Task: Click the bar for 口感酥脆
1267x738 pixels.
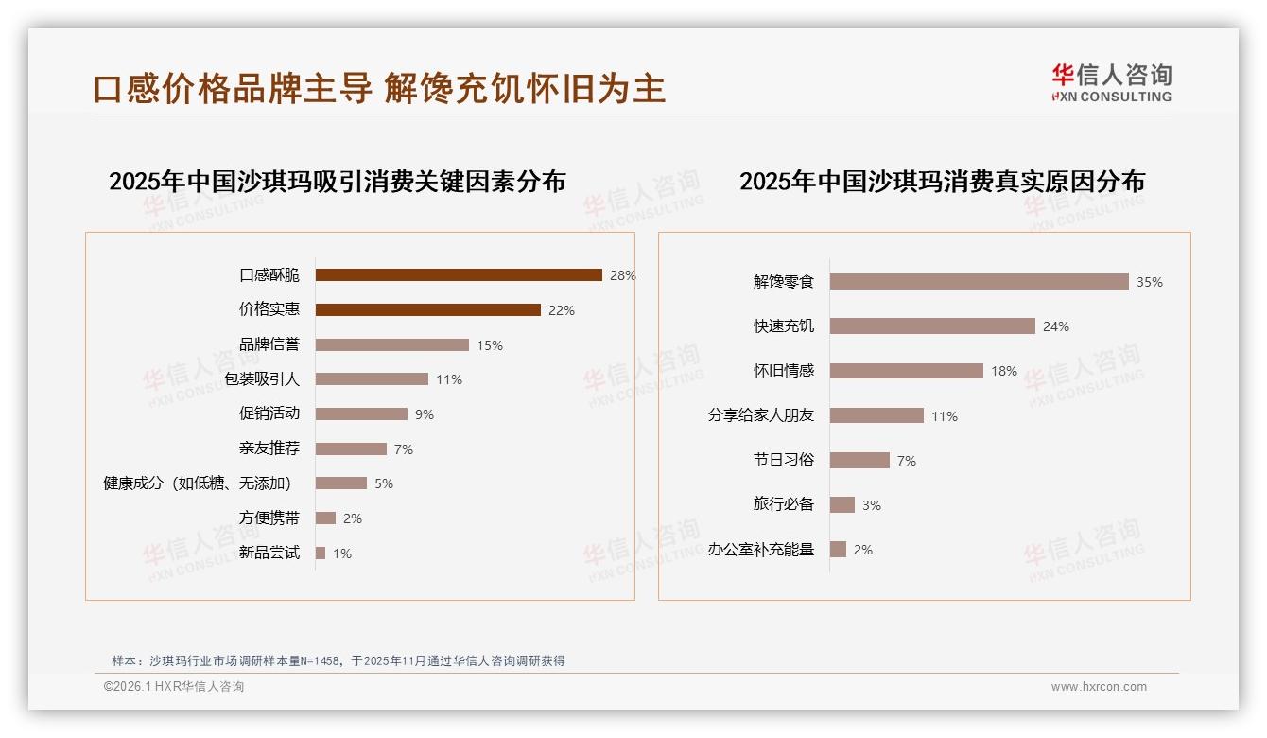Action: (459, 275)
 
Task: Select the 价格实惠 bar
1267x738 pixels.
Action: (427, 310)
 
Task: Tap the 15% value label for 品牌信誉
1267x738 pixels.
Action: (490, 345)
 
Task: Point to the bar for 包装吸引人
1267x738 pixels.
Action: (372, 379)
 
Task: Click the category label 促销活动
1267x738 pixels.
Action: (269, 413)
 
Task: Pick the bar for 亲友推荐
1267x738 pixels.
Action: (351, 448)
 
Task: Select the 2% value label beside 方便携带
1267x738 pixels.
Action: (353, 518)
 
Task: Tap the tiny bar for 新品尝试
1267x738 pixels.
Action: (321, 553)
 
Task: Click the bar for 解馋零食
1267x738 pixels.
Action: (980, 282)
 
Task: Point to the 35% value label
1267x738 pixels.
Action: (1150, 282)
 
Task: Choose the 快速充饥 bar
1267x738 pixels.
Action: (932, 326)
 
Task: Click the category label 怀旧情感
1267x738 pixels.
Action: (784, 371)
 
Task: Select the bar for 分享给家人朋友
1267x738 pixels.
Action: (876, 415)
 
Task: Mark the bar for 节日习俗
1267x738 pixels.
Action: (859, 460)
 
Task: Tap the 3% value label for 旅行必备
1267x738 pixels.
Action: (872, 505)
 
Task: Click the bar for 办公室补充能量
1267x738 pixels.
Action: (838, 550)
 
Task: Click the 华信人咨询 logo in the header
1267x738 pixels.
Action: (1111, 82)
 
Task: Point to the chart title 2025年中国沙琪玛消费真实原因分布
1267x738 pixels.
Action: (942, 182)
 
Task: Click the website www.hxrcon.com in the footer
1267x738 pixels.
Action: (1099, 687)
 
